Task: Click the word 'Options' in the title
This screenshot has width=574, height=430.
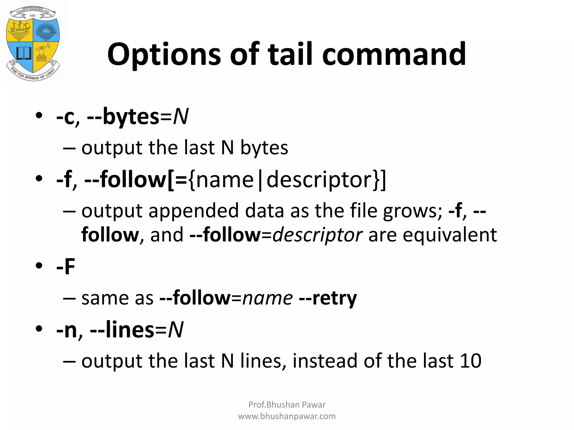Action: [164, 55]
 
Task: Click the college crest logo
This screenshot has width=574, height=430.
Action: [33, 43]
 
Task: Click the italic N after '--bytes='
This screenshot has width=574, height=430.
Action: [181, 117]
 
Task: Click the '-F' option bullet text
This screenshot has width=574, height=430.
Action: [66, 266]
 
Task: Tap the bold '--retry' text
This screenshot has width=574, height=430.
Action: [328, 298]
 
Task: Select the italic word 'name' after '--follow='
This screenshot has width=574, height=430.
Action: [268, 298]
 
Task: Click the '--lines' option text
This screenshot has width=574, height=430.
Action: [122, 330]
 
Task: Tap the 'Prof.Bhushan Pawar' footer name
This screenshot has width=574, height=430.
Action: [287, 405]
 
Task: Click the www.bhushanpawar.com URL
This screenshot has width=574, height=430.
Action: [287, 416]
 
